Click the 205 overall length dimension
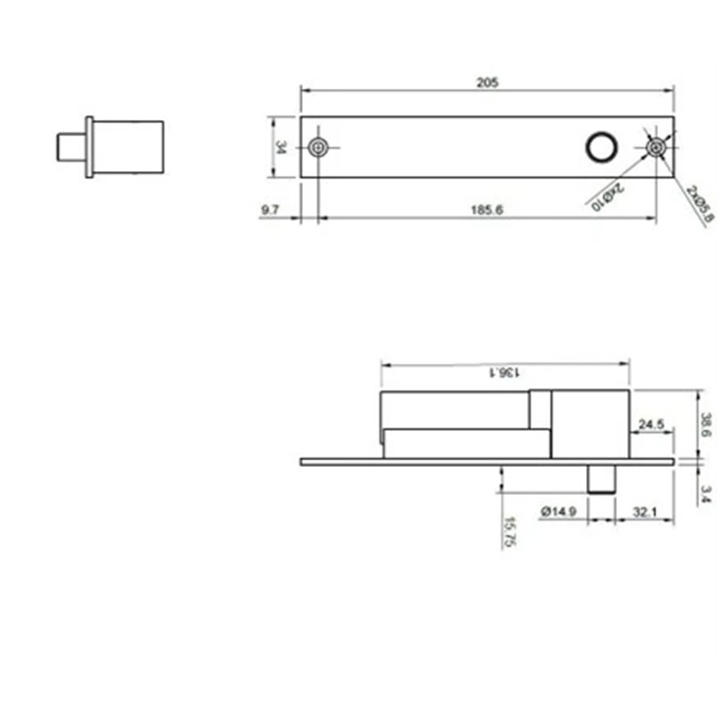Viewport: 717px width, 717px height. pyautogui.click(x=487, y=82)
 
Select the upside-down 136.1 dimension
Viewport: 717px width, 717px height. pyautogui.click(x=505, y=372)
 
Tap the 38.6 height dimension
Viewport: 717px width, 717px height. pyautogui.click(x=705, y=424)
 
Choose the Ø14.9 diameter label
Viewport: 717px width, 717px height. pyautogui.click(x=558, y=512)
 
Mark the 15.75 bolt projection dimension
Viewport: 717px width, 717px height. pyautogui.click(x=508, y=531)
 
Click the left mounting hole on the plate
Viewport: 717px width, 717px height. pyautogui.click(x=317, y=147)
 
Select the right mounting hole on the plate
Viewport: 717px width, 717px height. pyautogui.click(x=657, y=147)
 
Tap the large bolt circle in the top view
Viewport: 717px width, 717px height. pyautogui.click(x=599, y=147)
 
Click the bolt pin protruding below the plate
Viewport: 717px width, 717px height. pyautogui.click(x=601, y=478)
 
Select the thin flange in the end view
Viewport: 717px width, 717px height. pyautogui.click(x=89, y=147)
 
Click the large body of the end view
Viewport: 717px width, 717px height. pyautogui.click(x=128, y=147)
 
